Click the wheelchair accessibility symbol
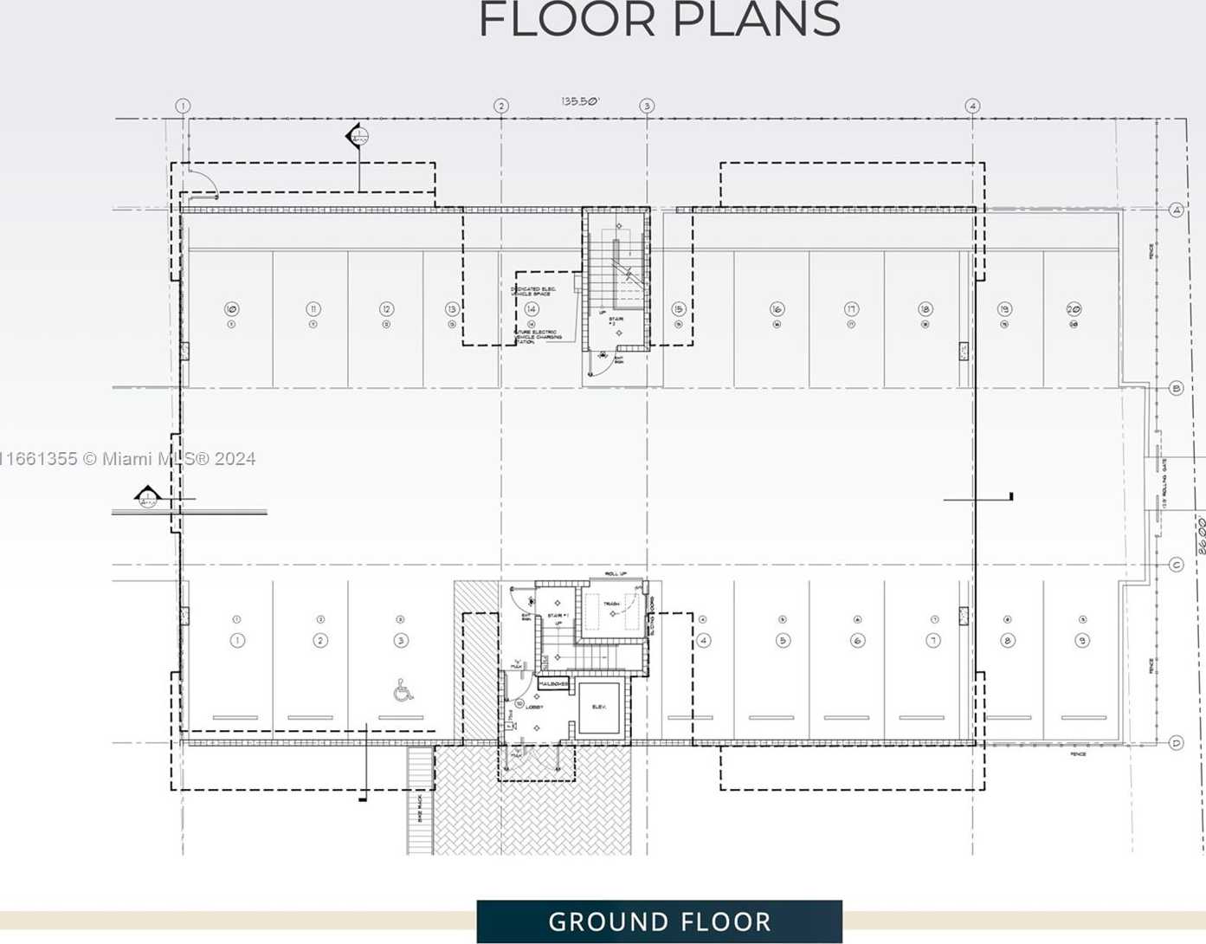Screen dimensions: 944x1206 [403, 690]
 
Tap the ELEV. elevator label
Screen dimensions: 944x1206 [598, 708]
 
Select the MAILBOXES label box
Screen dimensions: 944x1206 [553, 684]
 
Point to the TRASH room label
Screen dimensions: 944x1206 [611, 604]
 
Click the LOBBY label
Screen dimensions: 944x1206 [534, 708]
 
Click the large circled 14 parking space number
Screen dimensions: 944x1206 [532, 309]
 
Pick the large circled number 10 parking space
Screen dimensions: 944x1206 [231, 309]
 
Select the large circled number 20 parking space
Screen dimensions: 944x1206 [1074, 309]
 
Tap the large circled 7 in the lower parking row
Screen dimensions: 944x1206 [933, 641]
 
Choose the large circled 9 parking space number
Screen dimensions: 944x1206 [1082, 641]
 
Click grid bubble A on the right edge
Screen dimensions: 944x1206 [1176, 210]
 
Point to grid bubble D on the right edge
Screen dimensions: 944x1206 [1176, 742]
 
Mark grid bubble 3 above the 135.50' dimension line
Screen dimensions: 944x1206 [647, 106]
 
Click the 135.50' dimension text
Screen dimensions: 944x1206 [580, 101]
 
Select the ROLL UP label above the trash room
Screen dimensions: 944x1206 [615, 574]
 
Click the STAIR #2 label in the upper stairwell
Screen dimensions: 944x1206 [616, 321]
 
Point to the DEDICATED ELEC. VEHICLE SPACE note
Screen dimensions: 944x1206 [533, 291]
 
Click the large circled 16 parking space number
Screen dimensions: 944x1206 [777, 309]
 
